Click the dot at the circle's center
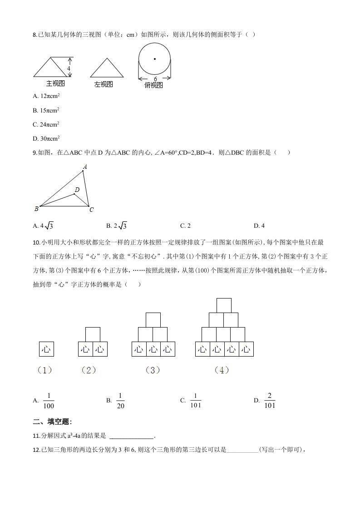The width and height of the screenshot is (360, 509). coord(155,59)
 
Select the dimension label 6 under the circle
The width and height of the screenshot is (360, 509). coord(155,78)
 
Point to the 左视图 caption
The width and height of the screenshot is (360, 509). coord(104,84)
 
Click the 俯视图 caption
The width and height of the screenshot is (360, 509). coord(153,85)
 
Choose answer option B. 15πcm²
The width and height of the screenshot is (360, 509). coord(47,110)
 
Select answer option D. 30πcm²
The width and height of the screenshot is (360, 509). coord(47,138)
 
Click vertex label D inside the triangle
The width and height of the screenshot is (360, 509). coord(77,190)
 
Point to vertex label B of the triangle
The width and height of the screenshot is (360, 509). coord(36,209)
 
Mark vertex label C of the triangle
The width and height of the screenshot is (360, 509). coord(91,210)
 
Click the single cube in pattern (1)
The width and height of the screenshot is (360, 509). coord(46,349)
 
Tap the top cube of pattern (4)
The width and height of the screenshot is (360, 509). coord(224,305)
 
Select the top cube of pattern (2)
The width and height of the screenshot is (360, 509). coord(93,334)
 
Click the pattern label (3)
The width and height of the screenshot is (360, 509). coord(153,370)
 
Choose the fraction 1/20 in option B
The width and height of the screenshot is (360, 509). coord(120,400)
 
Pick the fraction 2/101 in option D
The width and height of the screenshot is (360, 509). coord(270,400)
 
